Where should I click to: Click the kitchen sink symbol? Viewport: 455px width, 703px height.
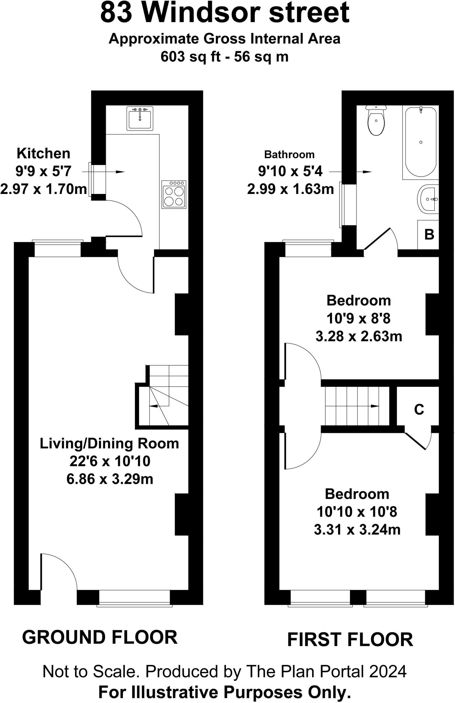139,118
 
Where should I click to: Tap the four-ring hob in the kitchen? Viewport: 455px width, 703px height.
174,194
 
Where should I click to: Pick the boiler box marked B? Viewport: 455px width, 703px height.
429,234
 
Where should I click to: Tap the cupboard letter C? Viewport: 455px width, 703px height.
419,409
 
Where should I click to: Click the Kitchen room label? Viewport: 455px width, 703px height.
44,153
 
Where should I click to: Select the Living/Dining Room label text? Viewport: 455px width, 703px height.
110,443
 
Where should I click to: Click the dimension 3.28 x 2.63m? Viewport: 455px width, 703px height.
359,336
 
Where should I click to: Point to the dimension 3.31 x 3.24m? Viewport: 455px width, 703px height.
357,530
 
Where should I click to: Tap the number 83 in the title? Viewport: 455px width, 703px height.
116,13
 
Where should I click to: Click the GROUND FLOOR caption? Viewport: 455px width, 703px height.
100,637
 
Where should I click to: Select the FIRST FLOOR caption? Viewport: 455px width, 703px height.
350,640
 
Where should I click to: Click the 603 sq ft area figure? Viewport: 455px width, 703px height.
191,57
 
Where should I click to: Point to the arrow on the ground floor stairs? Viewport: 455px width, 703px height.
158,406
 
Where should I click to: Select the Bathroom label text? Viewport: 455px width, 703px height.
289,155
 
